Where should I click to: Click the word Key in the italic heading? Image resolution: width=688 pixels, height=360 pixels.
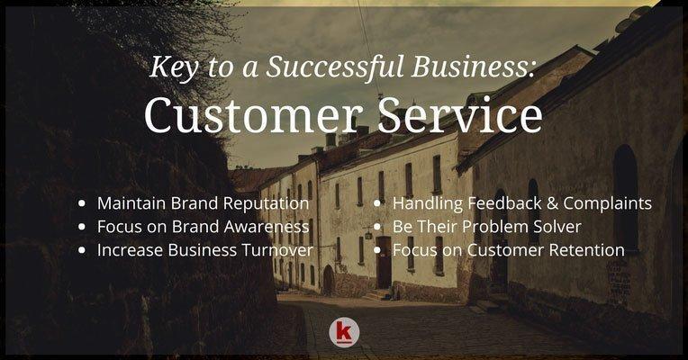[174, 67]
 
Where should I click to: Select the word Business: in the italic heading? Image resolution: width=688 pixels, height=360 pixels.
[473, 67]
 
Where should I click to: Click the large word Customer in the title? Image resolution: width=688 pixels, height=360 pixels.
[253, 115]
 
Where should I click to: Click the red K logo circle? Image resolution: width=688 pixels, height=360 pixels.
[344, 333]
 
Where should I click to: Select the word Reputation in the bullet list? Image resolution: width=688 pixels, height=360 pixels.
[266, 204]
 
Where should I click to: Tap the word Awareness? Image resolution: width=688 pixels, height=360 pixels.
[267, 227]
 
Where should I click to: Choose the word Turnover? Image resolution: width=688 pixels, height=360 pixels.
[277, 250]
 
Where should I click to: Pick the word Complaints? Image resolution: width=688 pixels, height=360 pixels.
[607, 204]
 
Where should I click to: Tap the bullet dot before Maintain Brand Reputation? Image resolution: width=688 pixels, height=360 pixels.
[82, 203]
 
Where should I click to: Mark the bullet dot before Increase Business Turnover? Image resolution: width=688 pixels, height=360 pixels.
[82, 250]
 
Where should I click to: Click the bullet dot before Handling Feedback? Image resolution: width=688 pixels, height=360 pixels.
[377, 203]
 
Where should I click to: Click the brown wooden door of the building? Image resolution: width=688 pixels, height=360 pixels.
[384, 262]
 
